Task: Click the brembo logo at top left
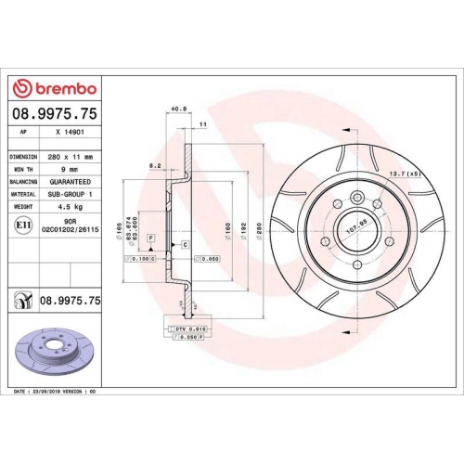pyautogui.click(x=53, y=88)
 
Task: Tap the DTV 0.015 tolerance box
pyautogui.click(x=186, y=329)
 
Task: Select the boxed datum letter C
pyautogui.click(x=186, y=244)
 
